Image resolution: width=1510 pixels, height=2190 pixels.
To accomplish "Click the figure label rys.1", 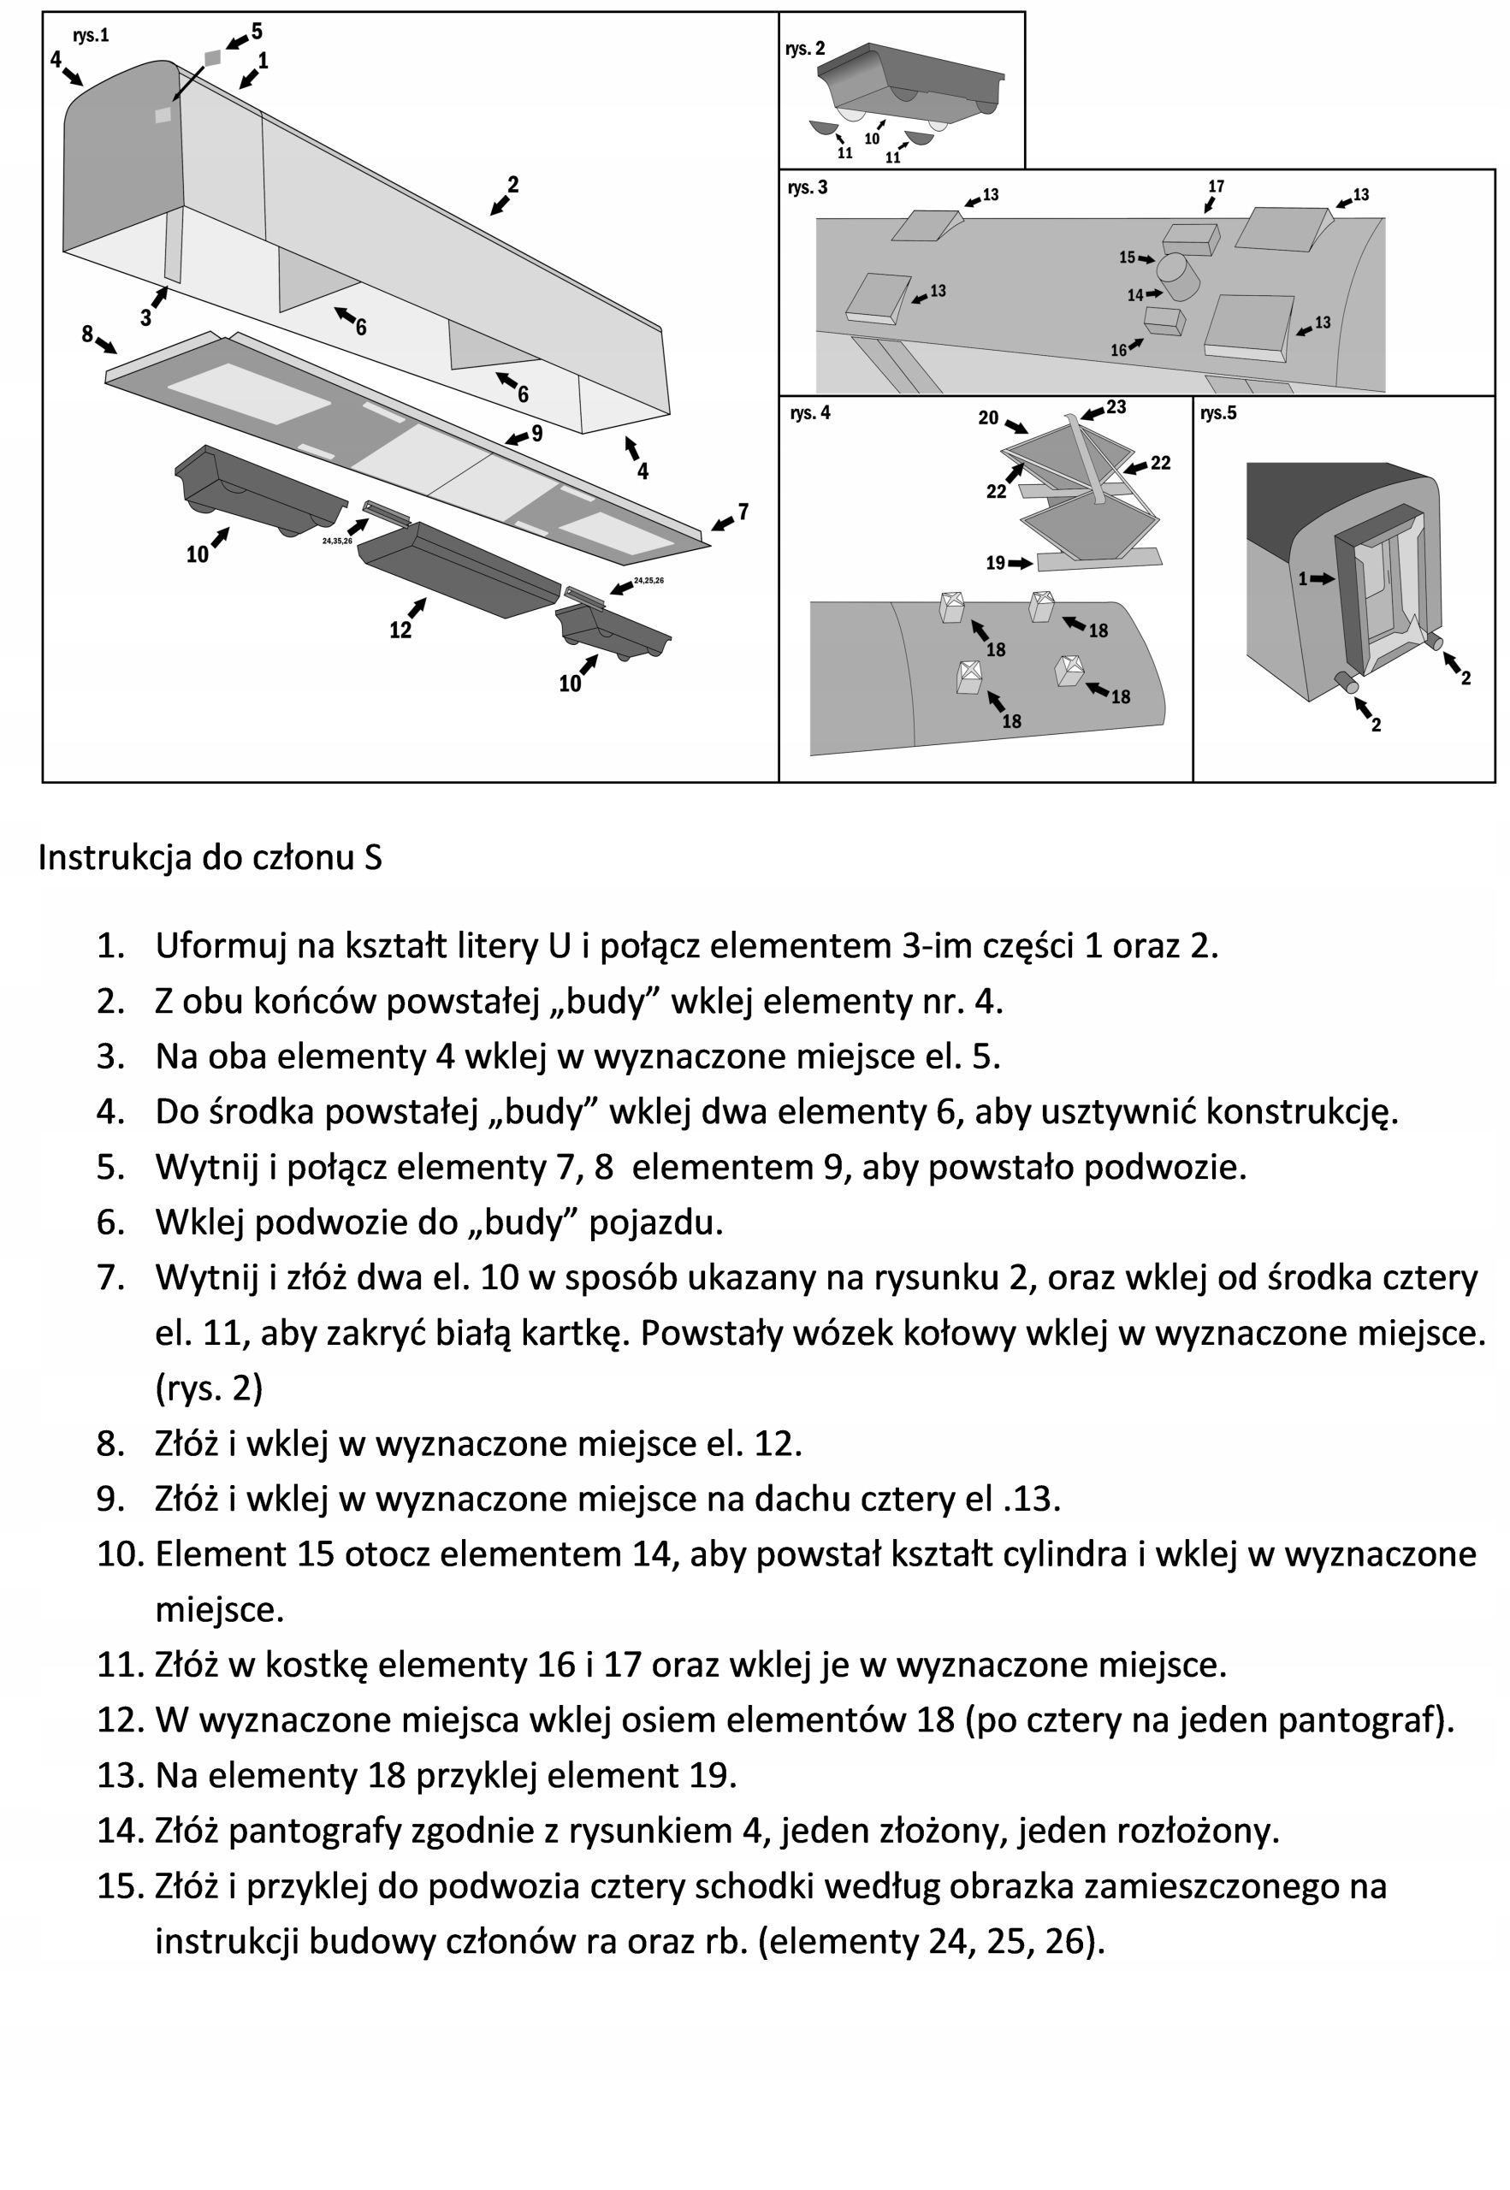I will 91,36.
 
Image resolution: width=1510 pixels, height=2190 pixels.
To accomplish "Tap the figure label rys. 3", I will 807,187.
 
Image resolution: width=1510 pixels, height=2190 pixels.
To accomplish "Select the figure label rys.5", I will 1217,413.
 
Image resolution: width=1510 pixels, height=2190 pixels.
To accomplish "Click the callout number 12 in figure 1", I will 400,630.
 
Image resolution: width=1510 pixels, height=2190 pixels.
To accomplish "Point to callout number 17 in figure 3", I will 1216,186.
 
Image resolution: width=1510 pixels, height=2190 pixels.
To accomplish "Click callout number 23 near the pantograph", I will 1116,407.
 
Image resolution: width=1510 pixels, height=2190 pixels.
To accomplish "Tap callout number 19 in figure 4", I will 995,563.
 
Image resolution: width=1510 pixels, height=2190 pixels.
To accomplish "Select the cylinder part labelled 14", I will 1180,275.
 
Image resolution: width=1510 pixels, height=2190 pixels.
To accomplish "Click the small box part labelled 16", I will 1164,322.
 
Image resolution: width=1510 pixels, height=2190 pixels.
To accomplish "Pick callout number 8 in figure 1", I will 87,334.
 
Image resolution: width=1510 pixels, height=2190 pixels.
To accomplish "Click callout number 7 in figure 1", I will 743,512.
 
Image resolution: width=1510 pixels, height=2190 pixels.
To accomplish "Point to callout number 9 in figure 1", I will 537,433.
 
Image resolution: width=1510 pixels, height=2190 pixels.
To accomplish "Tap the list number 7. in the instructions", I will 110,1277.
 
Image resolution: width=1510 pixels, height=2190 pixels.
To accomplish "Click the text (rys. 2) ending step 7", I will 209,1387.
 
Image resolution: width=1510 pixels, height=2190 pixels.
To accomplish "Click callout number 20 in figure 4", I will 988,417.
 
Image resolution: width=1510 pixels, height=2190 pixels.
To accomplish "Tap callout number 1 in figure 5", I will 1303,578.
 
